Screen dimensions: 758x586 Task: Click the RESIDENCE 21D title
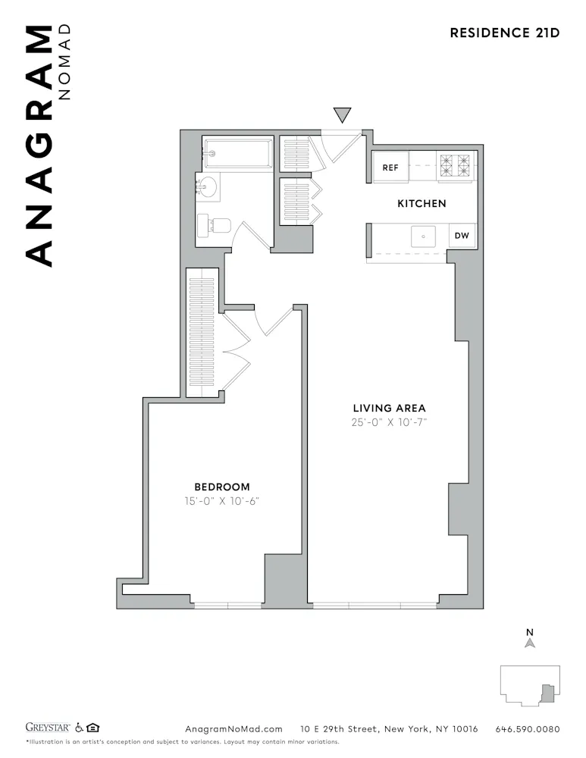pos(504,33)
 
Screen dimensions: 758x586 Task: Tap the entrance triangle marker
pos(343,114)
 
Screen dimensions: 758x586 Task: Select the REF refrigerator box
pos(390,168)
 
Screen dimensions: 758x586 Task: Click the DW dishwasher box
pos(462,236)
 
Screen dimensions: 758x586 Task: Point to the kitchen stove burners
pos(455,166)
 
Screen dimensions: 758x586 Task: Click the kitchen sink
pos(423,236)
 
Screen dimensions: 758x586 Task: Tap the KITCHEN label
pos(421,203)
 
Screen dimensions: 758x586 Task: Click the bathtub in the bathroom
pos(237,154)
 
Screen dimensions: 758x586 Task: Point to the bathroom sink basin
pos(207,186)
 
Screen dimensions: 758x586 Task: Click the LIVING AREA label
pos(390,408)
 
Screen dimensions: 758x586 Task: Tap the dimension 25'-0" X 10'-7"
pos(390,423)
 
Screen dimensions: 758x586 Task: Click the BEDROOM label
pos(222,487)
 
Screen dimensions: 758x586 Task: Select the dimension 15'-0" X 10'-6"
pos(222,502)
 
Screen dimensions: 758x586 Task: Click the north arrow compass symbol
pos(531,641)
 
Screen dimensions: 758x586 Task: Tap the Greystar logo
pos(49,728)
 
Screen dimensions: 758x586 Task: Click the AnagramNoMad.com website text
pos(233,729)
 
